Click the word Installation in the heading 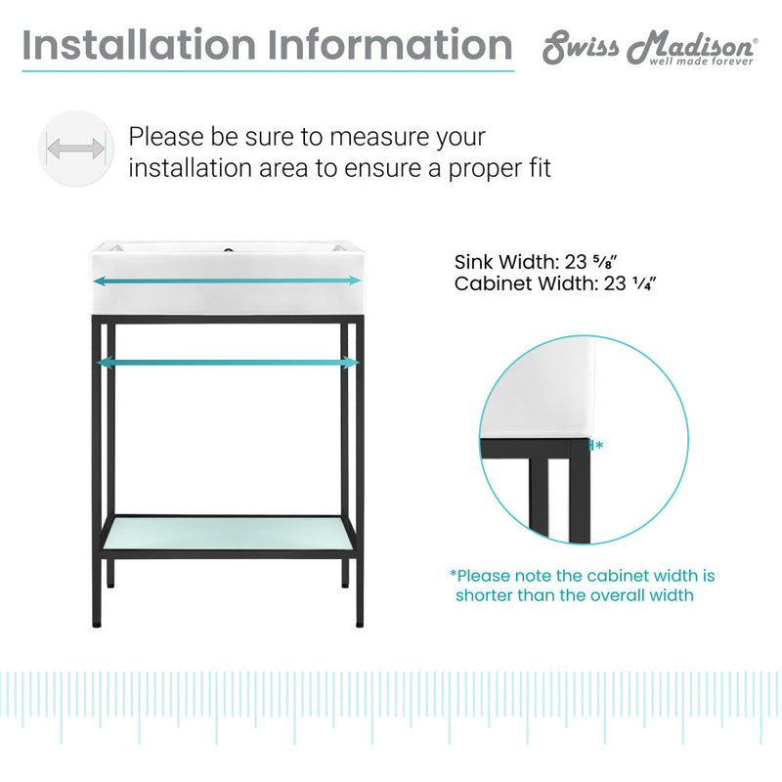(140, 45)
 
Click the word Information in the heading (387, 45)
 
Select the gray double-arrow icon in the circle (76, 150)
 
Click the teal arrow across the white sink (227, 281)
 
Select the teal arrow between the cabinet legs (227, 362)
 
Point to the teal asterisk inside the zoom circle (598, 446)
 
